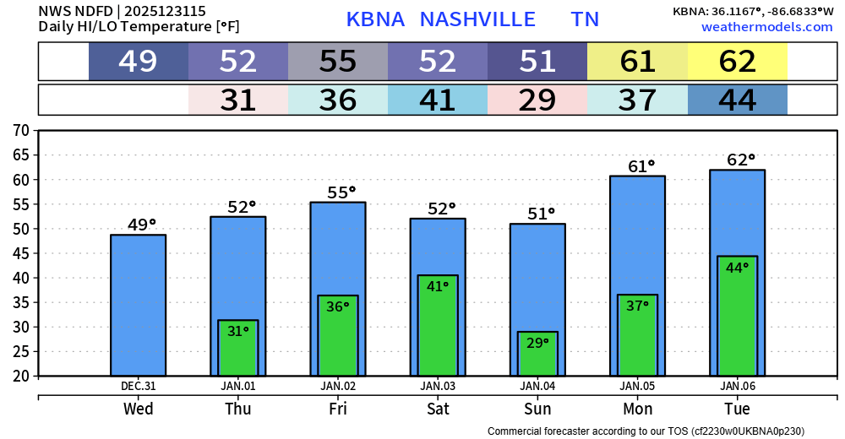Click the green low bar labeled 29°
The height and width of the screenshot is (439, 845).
pyautogui.click(x=537, y=355)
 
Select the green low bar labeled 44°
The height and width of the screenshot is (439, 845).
pyautogui.click(x=737, y=317)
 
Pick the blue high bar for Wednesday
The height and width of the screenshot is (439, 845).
pyautogui.click(x=138, y=305)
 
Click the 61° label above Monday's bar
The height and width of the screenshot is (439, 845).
pyautogui.click(x=641, y=166)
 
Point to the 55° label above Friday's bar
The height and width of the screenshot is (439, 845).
pyautogui.click(x=341, y=192)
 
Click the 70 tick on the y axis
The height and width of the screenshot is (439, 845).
pyautogui.click(x=21, y=131)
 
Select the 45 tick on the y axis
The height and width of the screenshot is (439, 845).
pyautogui.click(x=21, y=253)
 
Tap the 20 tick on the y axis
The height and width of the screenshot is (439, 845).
pyautogui.click(x=21, y=376)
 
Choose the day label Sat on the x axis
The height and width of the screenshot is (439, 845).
pyautogui.click(x=438, y=409)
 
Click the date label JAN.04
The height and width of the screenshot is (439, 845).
pyautogui.click(x=537, y=386)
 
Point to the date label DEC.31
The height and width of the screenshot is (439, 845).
pyautogui.click(x=138, y=386)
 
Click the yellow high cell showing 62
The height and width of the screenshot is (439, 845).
pyautogui.click(x=738, y=62)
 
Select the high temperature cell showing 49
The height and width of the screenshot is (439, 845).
pyautogui.click(x=139, y=62)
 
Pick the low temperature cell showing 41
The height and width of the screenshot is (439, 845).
pyautogui.click(x=438, y=100)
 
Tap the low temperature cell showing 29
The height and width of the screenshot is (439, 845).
pyautogui.click(x=537, y=100)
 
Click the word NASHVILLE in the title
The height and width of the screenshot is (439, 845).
pyautogui.click(x=477, y=19)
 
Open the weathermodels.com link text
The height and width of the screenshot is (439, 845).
pyautogui.click(x=766, y=27)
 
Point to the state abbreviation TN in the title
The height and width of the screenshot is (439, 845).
pyautogui.click(x=585, y=19)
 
